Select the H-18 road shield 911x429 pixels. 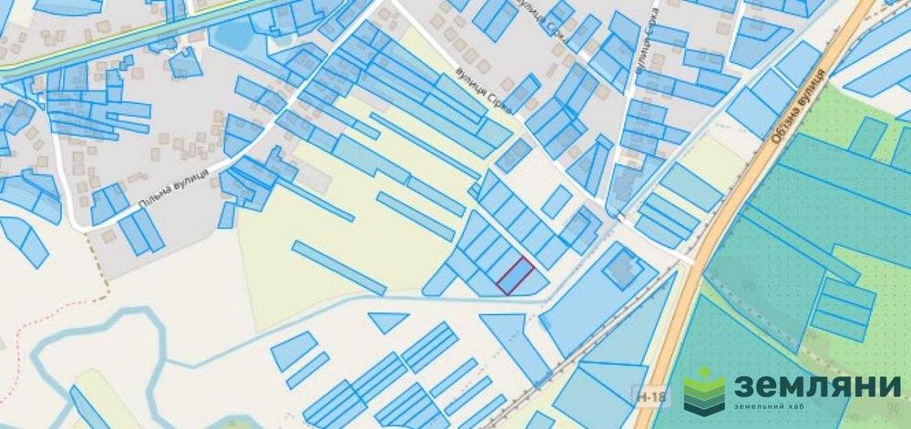point(645,394)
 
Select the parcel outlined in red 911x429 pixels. point(516,275)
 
